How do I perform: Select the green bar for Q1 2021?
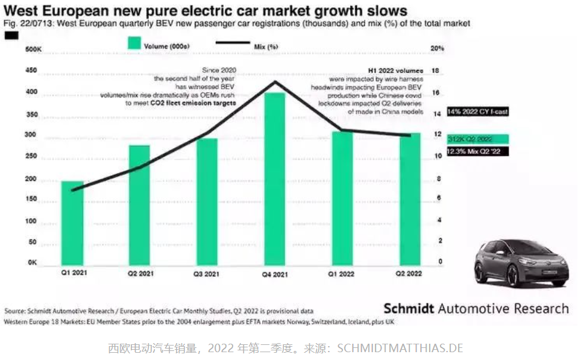72,223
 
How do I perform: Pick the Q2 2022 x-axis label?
410,274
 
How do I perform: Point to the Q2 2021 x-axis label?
139,274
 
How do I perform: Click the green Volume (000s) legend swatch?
134,44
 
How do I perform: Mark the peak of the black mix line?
275,81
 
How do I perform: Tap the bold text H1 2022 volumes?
396,71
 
